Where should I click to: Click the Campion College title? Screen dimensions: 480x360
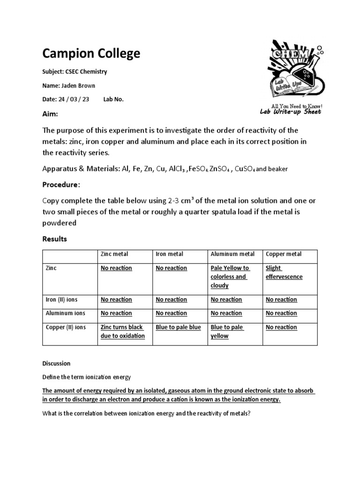coord(91,53)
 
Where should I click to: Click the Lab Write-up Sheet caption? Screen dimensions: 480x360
coord(291,112)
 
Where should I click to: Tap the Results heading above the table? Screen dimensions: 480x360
coord(55,239)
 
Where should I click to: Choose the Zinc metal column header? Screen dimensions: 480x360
coord(114,254)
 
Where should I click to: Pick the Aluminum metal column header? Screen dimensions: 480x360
coord(232,254)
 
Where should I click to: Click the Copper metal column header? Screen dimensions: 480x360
coord(284,254)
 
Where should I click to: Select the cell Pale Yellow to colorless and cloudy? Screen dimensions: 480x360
coord(230,277)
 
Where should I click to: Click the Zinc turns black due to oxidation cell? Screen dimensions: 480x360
coord(123,331)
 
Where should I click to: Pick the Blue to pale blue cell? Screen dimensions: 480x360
coord(178,327)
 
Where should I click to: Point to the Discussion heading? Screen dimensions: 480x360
coord(56,363)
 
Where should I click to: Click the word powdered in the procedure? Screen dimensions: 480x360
coord(60,223)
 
